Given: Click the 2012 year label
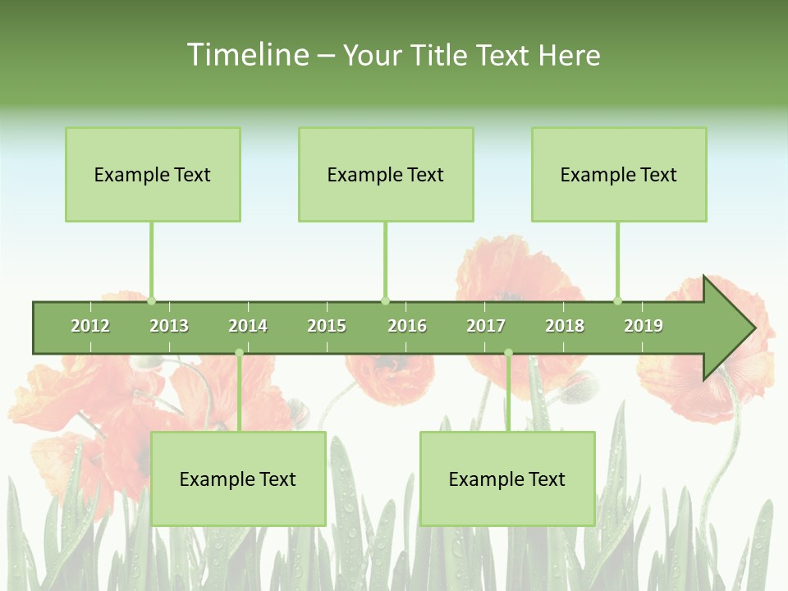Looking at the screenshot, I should [x=90, y=326].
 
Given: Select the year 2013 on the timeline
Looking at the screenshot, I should [x=169, y=326].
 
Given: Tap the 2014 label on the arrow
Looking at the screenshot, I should [x=248, y=326].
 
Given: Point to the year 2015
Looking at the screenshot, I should [x=327, y=326].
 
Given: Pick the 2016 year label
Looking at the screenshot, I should [x=407, y=326].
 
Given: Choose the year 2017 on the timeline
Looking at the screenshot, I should [x=486, y=326].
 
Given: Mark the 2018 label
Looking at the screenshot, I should [x=565, y=326].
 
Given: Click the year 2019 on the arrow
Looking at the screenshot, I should [x=644, y=326].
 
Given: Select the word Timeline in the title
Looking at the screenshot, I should [x=246, y=55].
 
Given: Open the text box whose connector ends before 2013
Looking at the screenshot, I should [x=153, y=174].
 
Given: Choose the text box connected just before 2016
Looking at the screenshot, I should [x=386, y=174].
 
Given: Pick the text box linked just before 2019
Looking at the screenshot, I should [x=619, y=174].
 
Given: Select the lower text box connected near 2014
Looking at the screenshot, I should [x=238, y=479].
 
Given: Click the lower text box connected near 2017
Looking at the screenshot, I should [x=507, y=479].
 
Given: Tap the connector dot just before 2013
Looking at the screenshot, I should [x=152, y=300].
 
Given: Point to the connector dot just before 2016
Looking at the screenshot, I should [x=386, y=300].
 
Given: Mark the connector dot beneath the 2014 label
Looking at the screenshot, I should [x=239, y=353].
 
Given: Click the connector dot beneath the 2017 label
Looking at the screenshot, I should [x=508, y=353].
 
